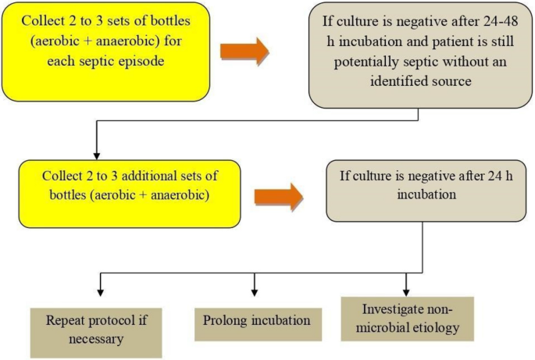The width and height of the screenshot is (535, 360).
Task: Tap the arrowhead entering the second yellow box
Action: pyautogui.click(x=95, y=155)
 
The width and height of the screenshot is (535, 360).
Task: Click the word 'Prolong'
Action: pyautogui.click(x=226, y=321)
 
